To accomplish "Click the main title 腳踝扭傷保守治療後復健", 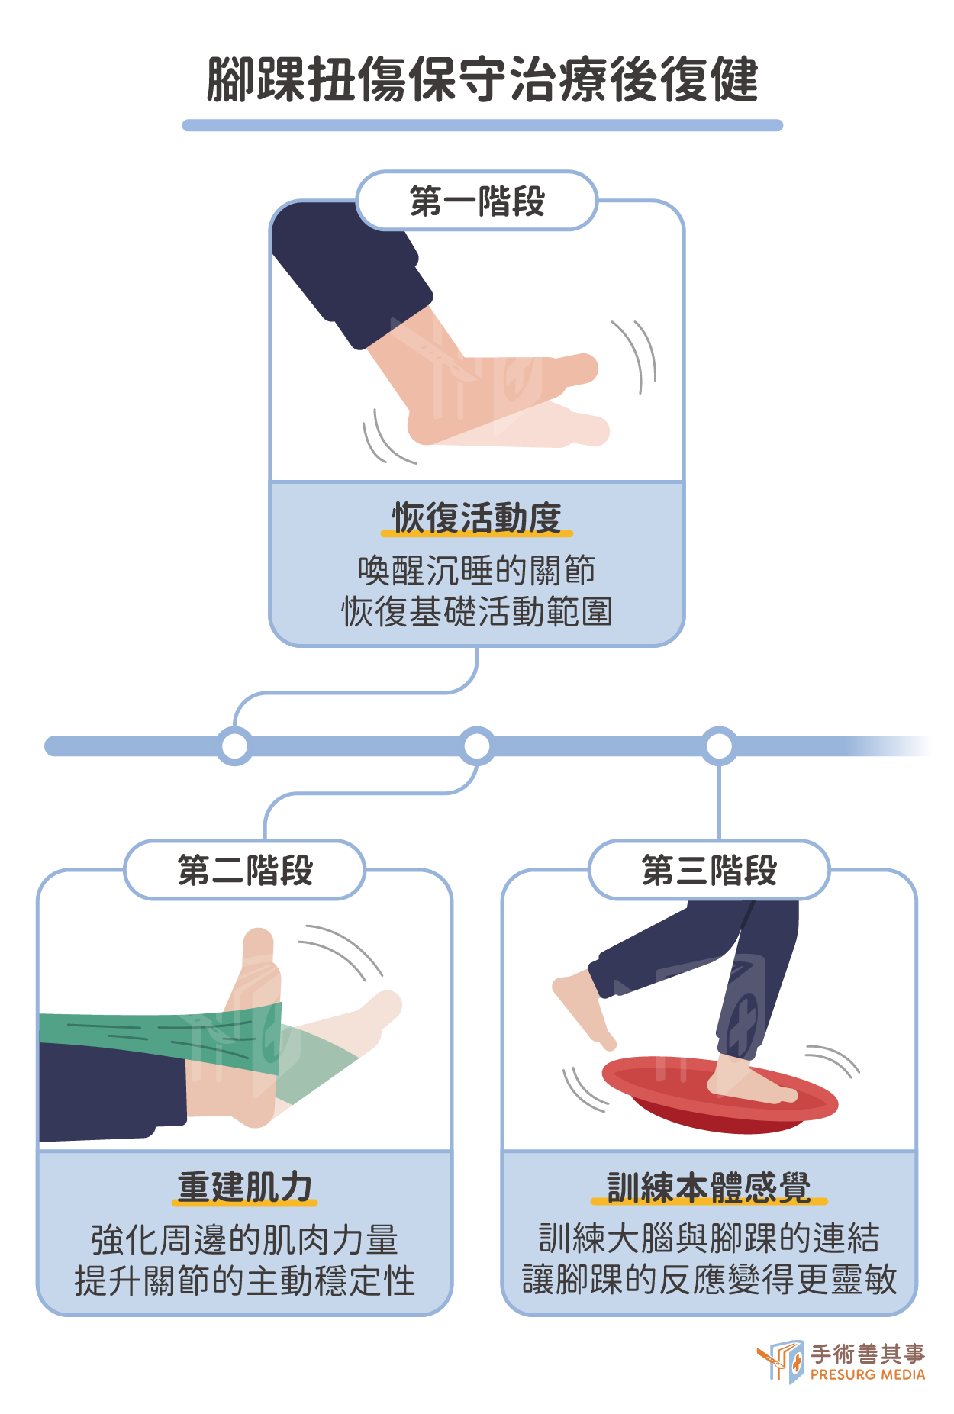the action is pos(482,79).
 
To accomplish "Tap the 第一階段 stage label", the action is pos(477,201).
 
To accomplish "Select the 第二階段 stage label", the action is pos(245,870).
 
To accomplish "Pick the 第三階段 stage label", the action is pos(709,870).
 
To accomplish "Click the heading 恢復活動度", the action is pos(477,517).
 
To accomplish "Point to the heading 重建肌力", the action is pos(245,1187).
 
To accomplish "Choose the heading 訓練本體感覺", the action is pos(709,1187).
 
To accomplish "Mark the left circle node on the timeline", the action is pos(234,746).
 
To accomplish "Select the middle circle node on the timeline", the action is pos(477,746).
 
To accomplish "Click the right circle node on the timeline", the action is pos(719,746).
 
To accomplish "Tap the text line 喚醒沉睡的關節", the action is pos(477,570).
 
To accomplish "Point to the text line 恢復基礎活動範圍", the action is pos(477,611).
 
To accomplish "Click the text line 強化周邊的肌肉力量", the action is pos(245,1239).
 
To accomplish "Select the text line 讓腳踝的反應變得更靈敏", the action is pos(709,1280).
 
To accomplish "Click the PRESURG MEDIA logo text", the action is pos(868,1374).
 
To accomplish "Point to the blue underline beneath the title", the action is pos(482,125).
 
